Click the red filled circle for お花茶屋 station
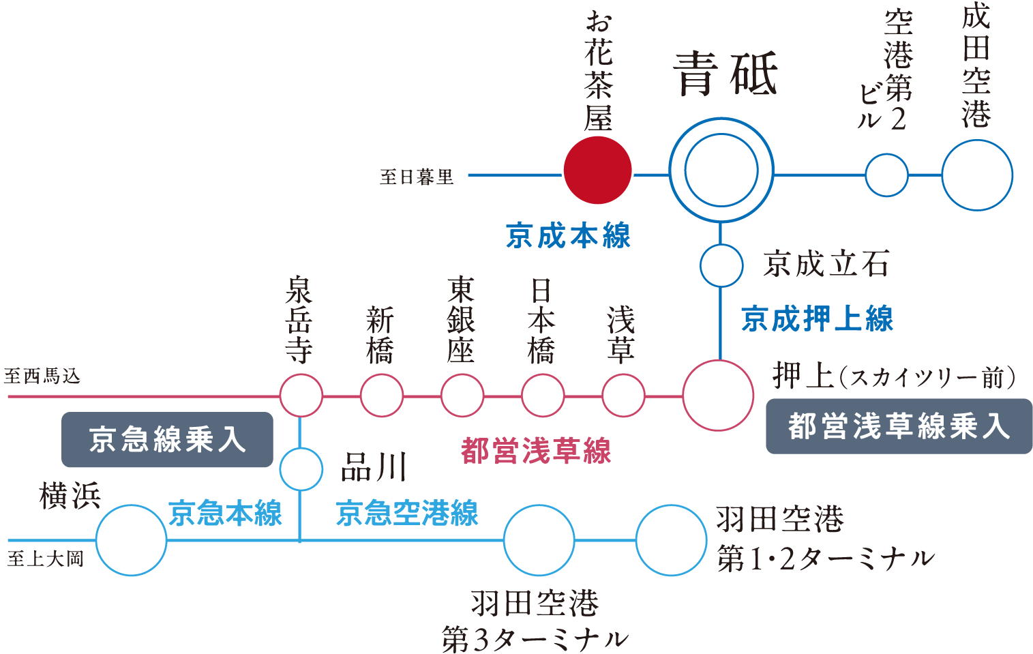pyautogui.click(x=598, y=170)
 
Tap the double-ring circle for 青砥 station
pyautogui.click(x=721, y=170)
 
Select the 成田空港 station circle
pyautogui.click(x=977, y=175)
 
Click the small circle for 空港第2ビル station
pyautogui.click(x=886, y=175)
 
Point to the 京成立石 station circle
pyautogui.click(x=721, y=265)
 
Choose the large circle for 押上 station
pyautogui.click(x=718, y=396)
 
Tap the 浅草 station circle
pyautogui.click(x=623, y=396)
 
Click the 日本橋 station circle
pyautogui.click(x=543, y=396)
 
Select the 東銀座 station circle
pyautogui.click(x=462, y=396)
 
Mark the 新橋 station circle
pyautogui.click(x=382, y=396)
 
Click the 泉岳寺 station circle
pyautogui.click(x=301, y=396)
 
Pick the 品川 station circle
pyautogui.click(x=301, y=469)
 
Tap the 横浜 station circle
pyautogui.click(x=131, y=540)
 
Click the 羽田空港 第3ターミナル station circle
pyautogui.click(x=539, y=540)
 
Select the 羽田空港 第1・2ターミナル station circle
pyautogui.click(x=671, y=540)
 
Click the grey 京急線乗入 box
pyautogui.click(x=167, y=440)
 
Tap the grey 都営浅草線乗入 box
pyautogui.click(x=898, y=427)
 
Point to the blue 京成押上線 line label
pyautogui.click(x=817, y=319)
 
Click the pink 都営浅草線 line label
pyautogui.click(x=536, y=451)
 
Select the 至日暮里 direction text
pyautogui.click(x=417, y=177)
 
